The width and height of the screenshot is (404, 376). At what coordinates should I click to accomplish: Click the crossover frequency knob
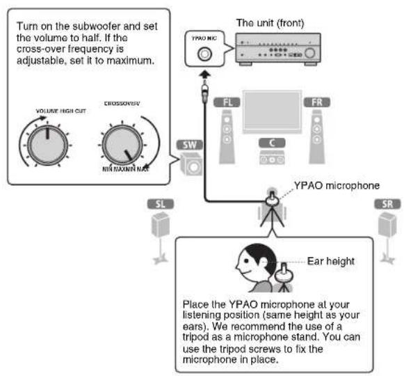122,142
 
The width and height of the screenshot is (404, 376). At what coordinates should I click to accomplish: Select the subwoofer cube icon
189,165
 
